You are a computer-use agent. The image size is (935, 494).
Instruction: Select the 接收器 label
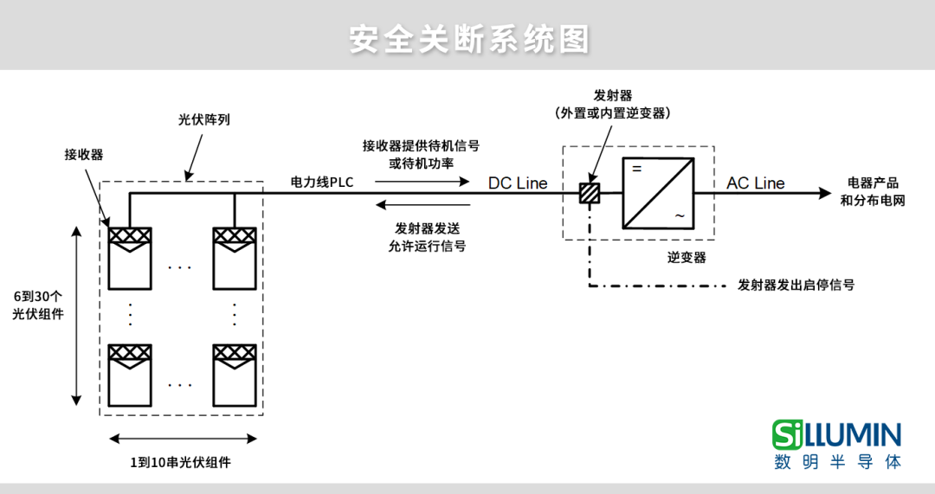point(84,155)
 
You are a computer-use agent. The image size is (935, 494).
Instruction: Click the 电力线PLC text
point(322,183)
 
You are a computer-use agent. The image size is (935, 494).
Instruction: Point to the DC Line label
point(518,183)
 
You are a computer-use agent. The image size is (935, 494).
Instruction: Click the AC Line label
point(755,183)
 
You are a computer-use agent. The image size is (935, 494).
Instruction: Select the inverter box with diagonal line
point(658,193)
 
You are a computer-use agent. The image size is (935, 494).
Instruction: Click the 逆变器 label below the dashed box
point(687,257)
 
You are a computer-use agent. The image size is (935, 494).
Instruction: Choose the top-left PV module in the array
point(129,258)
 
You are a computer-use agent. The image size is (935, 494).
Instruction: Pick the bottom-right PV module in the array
point(235,374)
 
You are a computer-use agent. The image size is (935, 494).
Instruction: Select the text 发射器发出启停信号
point(796,285)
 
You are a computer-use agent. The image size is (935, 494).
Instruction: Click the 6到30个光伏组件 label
point(38,305)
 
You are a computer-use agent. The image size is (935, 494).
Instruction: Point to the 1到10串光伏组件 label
point(180,462)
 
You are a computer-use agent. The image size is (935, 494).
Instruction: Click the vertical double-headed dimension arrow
point(76,316)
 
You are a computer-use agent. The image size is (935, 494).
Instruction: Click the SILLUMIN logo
point(837,444)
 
